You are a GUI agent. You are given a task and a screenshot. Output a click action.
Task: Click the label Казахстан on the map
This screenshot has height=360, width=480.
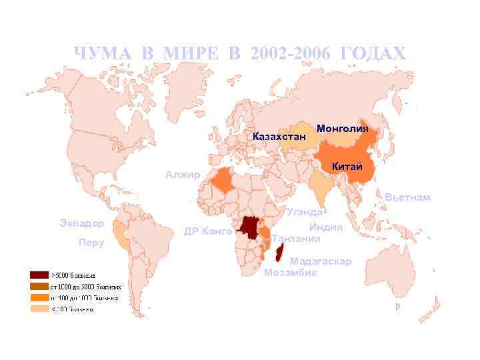click(x=279, y=137)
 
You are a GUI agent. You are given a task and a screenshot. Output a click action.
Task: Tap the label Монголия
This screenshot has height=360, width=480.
click(x=343, y=128)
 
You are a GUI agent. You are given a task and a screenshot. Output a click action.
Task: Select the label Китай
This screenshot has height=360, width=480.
click(x=347, y=166)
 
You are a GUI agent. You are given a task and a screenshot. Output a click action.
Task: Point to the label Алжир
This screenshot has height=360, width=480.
click(x=183, y=175)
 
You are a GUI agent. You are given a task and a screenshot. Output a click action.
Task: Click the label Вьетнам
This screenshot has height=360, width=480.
click(x=407, y=197)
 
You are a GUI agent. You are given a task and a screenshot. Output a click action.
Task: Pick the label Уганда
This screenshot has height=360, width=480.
click(x=305, y=212)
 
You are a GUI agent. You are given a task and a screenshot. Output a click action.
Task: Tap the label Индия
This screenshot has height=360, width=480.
click(x=325, y=227)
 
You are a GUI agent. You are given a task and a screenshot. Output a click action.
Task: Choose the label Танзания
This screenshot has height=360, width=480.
click(x=296, y=239)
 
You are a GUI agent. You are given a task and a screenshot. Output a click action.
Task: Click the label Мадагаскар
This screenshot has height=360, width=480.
click(x=321, y=261)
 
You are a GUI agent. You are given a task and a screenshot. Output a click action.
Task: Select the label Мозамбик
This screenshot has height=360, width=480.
click(x=290, y=273)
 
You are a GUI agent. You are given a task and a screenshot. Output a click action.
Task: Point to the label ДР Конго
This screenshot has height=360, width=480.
click(x=208, y=232)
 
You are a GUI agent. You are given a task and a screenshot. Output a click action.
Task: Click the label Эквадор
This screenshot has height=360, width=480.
click(x=81, y=222)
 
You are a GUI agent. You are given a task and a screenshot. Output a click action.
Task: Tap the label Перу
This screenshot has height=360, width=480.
click(x=91, y=243)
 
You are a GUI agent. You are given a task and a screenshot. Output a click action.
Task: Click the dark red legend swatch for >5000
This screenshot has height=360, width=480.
click(x=39, y=275)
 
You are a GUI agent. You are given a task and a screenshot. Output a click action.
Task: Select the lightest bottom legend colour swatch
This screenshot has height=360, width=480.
click(x=39, y=309)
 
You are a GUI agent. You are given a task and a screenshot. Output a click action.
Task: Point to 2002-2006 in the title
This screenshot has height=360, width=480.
click(x=291, y=53)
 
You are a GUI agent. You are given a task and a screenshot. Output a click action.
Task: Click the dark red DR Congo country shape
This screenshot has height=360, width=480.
click(x=251, y=229)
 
